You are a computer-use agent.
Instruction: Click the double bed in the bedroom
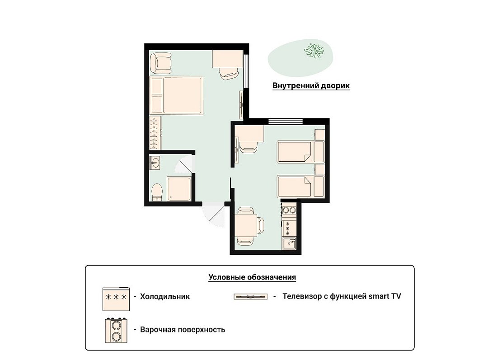(176, 95)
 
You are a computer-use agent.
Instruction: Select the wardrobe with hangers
(155, 133)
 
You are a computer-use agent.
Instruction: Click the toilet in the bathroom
(157, 192)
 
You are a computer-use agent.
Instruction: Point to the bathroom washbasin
(155, 163)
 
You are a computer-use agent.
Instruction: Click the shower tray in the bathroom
(178, 189)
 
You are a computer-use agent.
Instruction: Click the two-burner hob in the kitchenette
(289, 210)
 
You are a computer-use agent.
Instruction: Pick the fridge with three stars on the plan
(289, 228)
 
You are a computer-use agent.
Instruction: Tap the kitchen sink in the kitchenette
(289, 243)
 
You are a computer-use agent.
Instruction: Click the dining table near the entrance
(246, 225)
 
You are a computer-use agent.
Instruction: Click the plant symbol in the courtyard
(314, 51)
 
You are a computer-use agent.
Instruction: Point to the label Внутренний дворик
(311, 85)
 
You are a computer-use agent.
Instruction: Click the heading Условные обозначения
(252, 277)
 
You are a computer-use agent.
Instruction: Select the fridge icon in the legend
(116, 299)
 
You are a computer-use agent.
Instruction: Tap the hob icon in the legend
(116, 331)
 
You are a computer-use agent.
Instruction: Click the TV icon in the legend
(250, 296)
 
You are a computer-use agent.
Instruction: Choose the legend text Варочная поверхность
(183, 329)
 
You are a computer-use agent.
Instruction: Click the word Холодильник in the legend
(165, 296)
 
